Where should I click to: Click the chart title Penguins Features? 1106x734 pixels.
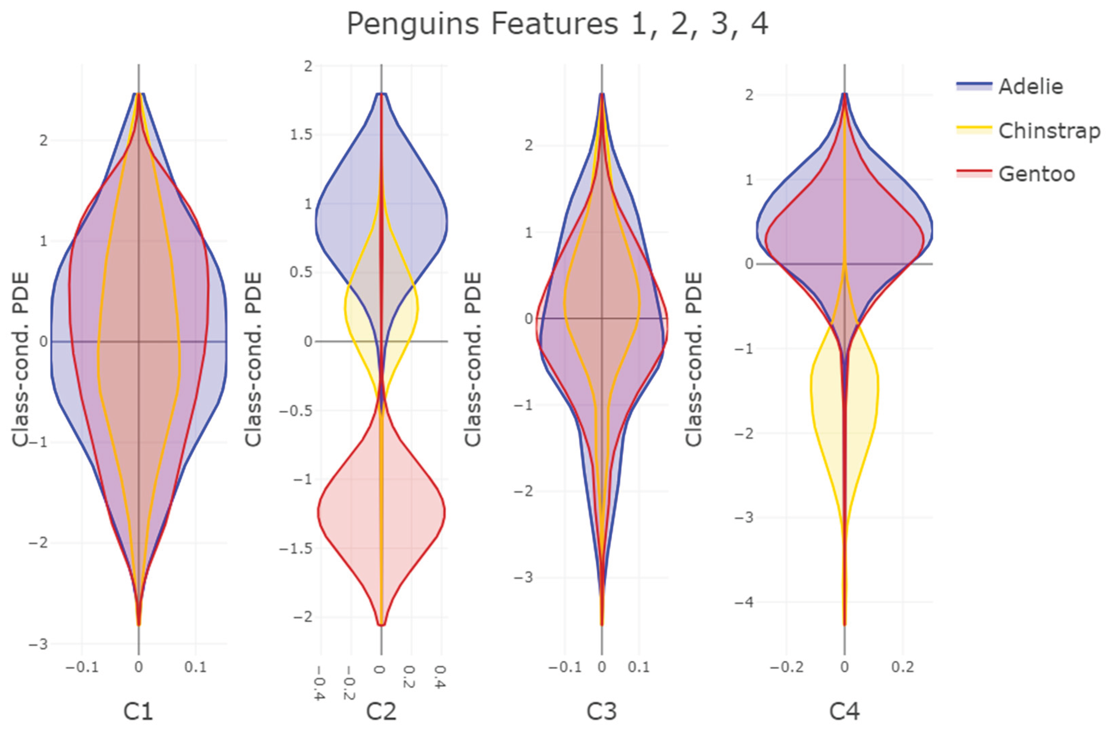pos(557,24)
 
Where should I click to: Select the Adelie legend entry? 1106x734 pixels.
pos(1031,87)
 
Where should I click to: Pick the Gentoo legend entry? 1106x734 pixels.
pos(1036,174)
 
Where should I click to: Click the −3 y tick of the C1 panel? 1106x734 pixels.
pos(38,645)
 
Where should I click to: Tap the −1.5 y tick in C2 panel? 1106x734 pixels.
pos(296,548)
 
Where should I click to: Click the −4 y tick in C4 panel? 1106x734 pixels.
pos(744,602)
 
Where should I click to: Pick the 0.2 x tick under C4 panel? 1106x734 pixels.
pos(903,667)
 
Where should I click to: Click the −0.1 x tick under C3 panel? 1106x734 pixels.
pos(565,667)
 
